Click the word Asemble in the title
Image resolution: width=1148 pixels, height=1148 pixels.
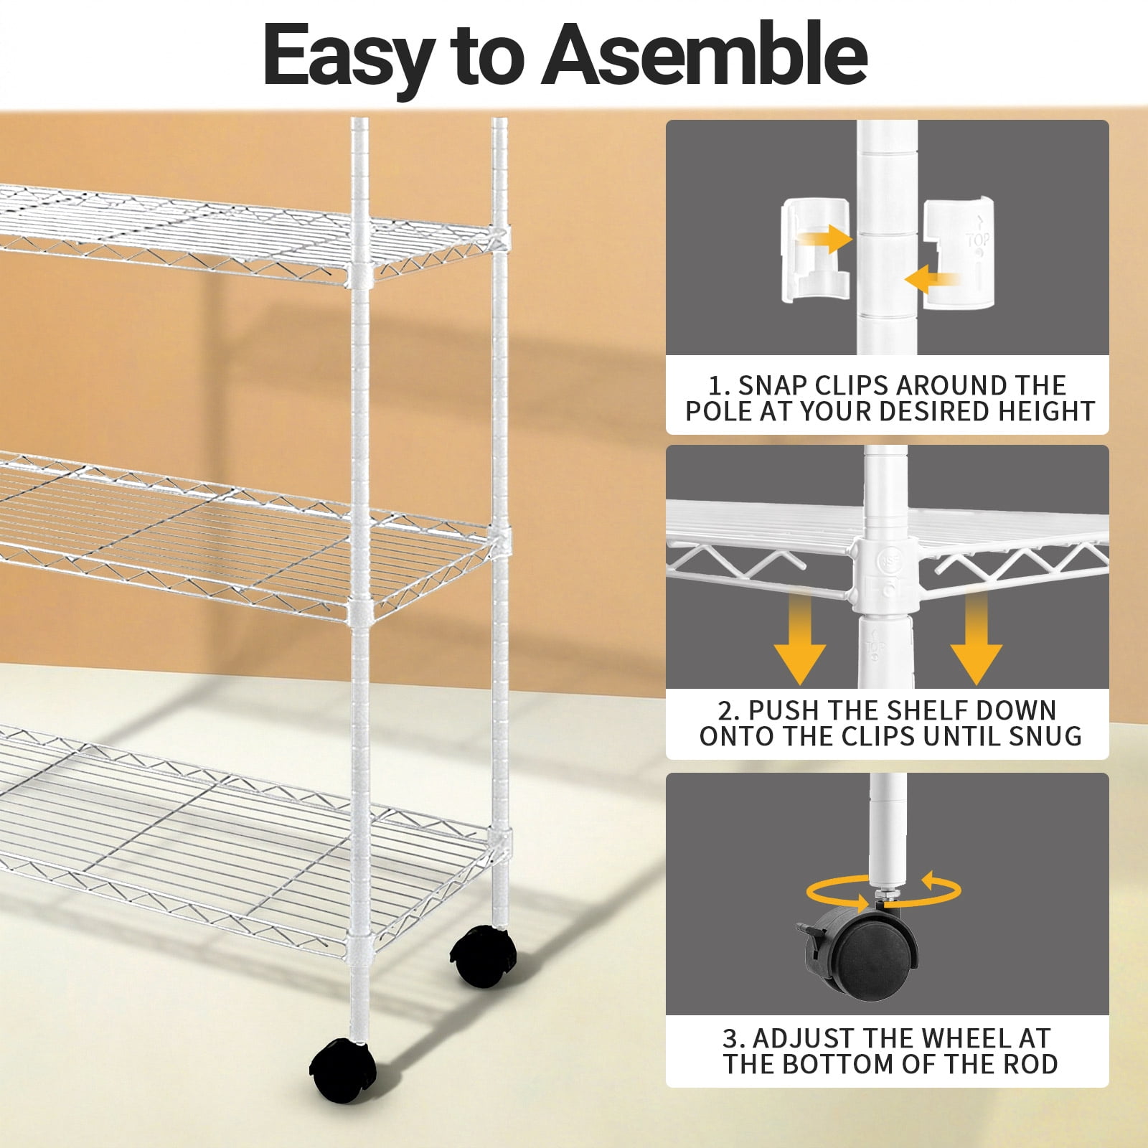click(x=705, y=55)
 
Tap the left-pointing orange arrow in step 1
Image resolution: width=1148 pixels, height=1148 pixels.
click(x=932, y=278)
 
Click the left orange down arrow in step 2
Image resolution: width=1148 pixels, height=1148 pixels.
click(x=800, y=639)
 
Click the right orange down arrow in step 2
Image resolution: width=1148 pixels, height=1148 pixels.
click(x=976, y=639)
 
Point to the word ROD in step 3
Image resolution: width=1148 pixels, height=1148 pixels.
click(x=1030, y=1064)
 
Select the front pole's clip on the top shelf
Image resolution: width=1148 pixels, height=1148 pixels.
click(x=359, y=274)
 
